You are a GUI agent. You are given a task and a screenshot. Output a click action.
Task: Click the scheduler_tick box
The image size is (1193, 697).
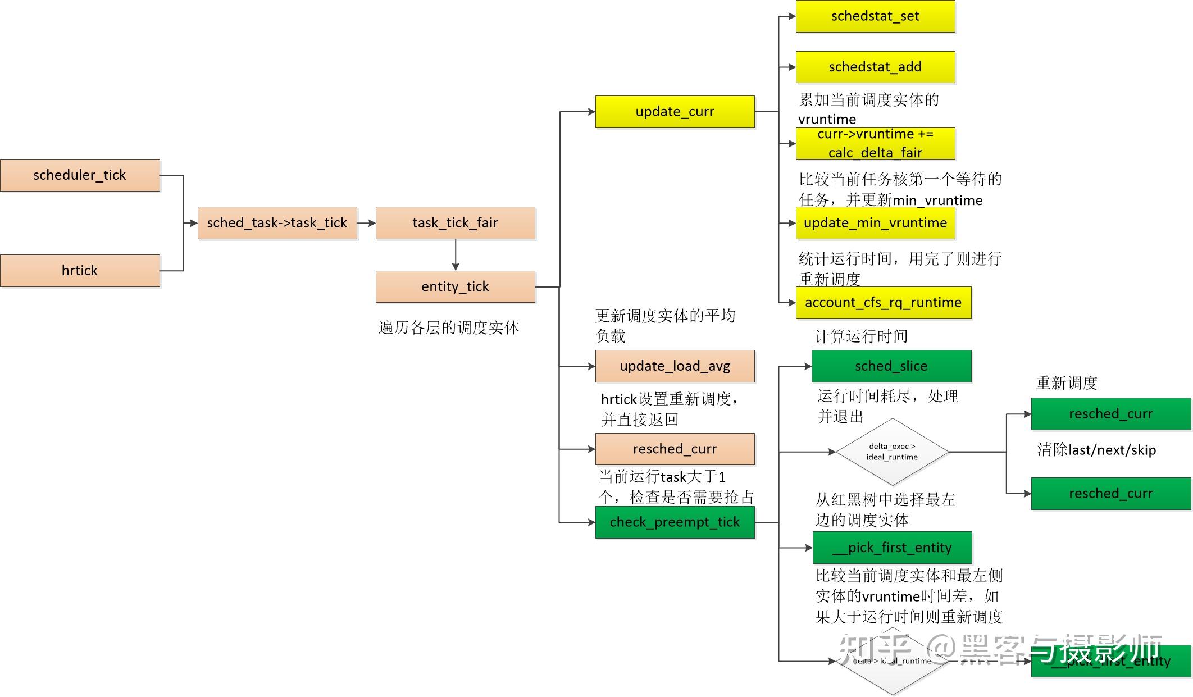point(80,175)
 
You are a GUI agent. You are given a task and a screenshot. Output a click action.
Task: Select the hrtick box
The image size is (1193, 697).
point(80,271)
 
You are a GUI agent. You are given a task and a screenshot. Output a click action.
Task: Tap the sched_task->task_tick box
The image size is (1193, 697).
point(277,223)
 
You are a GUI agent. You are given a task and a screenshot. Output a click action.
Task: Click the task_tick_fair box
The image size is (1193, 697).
point(455,223)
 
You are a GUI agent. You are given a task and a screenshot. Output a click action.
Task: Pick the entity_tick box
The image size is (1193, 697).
point(455,286)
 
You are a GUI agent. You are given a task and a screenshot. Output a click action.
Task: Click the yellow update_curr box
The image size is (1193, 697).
point(675,112)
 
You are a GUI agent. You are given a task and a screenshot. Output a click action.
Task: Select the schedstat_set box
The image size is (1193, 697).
point(875,16)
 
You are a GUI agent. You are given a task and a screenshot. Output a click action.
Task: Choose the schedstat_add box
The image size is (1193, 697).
point(875,67)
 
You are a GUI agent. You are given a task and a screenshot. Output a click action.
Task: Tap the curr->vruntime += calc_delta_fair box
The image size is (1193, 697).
point(875,143)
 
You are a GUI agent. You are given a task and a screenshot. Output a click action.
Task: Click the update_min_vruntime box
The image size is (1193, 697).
point(875,223)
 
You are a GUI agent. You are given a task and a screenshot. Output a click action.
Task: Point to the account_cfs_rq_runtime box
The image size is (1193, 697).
point(883,303)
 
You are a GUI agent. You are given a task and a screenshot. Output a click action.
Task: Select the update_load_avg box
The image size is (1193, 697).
point(675,366)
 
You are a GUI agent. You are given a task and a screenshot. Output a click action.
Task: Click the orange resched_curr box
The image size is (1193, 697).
point(675,449)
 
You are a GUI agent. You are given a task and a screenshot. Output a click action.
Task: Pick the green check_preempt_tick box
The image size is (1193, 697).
point(675,522)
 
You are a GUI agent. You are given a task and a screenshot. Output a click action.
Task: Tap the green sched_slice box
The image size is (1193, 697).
point(891,366)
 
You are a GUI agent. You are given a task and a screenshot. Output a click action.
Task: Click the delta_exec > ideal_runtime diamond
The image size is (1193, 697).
point(892,452)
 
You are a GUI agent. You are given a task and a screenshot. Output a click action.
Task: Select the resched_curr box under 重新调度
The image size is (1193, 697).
point(1110,414)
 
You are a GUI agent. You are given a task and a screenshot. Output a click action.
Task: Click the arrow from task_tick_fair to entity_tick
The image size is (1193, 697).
point(456,255)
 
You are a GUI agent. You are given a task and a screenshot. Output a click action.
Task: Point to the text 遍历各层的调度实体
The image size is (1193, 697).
point(448,328)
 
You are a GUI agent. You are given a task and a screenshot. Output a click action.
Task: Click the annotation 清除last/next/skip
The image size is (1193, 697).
point(1096,450)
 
